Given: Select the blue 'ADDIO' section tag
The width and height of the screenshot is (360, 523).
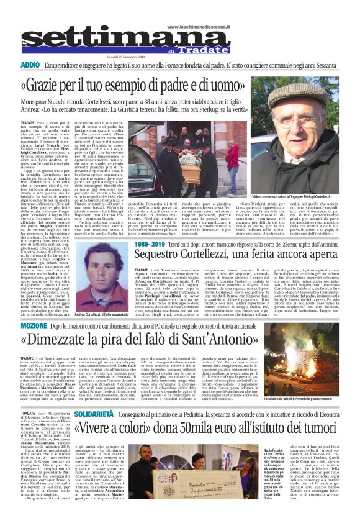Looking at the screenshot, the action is pyautogui.click(x=30, y=65).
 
